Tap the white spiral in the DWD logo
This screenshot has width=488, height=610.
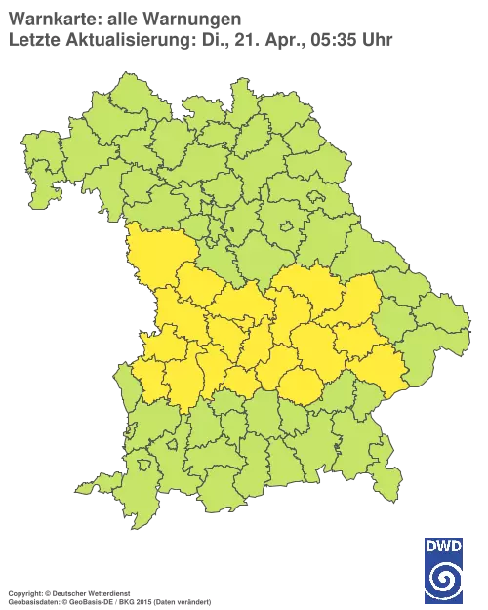443,578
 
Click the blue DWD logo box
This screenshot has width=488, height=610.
443,569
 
